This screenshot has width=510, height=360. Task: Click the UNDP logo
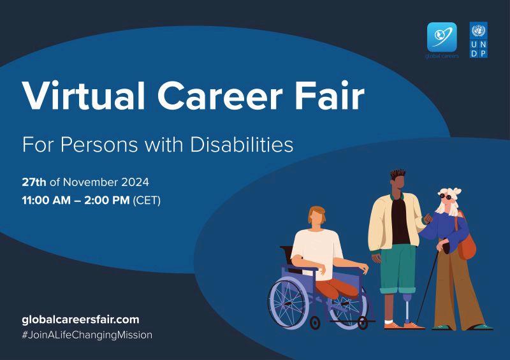coord(479,40)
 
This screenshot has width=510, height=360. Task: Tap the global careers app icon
coord(442,37)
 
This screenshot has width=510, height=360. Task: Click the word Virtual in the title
coord(84,96)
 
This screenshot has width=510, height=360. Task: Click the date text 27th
coord(34,182)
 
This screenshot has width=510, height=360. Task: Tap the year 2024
coord(135,182)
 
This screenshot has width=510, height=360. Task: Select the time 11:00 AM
coord(46,200)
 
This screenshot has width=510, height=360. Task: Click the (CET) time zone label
coord(147,200)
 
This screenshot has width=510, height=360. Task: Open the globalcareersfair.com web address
coord(81,320)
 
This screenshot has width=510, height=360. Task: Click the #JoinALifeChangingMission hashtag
coord(87,335)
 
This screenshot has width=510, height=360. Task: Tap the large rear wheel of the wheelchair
coord(288,303)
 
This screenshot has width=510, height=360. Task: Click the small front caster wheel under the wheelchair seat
coord(315,323)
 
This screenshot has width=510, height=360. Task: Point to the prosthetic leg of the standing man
coord(407,308)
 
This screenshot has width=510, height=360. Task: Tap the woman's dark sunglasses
coord(445,196)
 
